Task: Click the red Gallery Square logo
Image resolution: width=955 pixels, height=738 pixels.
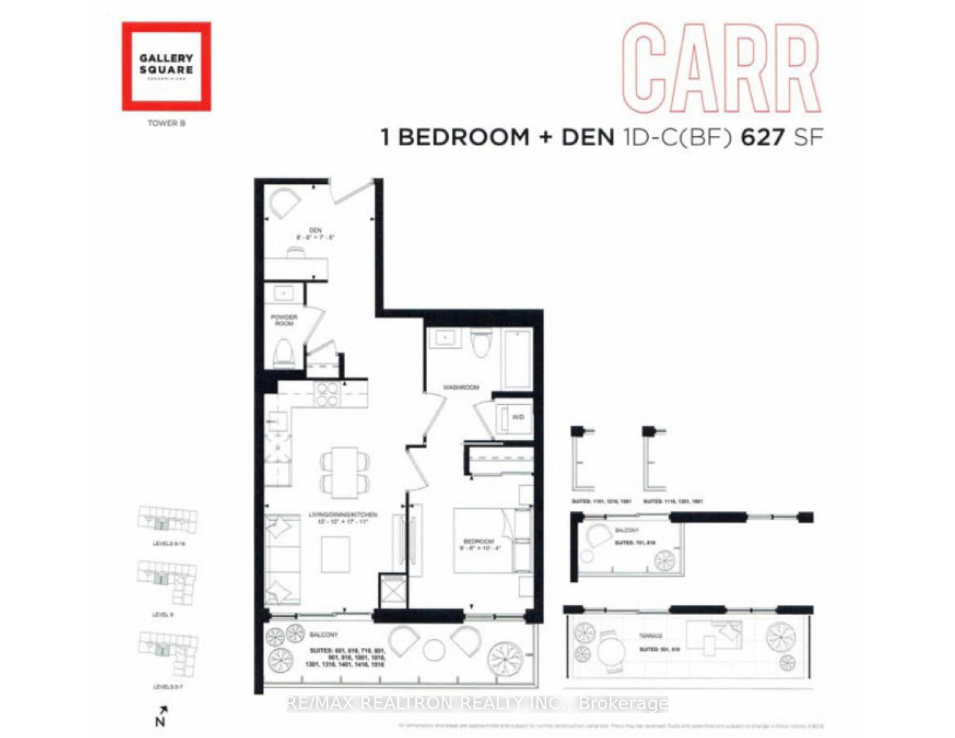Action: click(166, 66)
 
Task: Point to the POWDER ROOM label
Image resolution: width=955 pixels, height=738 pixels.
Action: click(284, 320)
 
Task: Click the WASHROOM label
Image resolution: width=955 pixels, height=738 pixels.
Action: click(460, 387)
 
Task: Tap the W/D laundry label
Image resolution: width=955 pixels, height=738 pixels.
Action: click(517, 417)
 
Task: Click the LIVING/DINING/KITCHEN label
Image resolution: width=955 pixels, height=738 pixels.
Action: click(343, 514)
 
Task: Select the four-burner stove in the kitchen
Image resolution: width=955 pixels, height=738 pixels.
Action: click(326, 394)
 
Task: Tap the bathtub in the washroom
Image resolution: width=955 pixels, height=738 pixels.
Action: click(517, 359)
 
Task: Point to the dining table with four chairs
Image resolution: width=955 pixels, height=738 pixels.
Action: click(345, 472)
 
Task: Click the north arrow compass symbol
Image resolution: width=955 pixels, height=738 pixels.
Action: click(161, 715)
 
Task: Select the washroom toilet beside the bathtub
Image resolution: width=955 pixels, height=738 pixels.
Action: click(480, 344)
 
